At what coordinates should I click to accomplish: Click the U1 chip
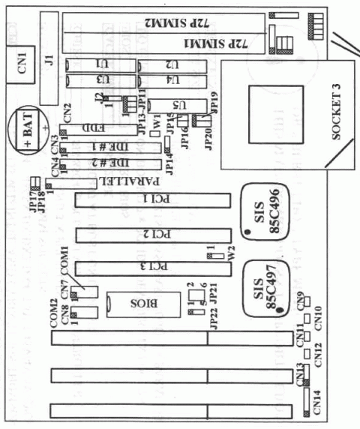[98, 64]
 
